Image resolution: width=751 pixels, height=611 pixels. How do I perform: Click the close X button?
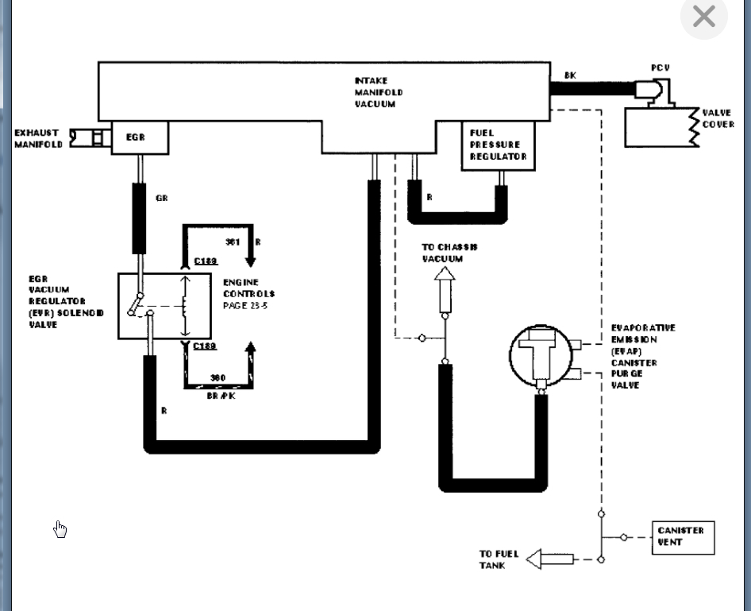click(x=703, y=17)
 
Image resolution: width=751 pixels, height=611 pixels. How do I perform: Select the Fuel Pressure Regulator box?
click(x=498, y=145)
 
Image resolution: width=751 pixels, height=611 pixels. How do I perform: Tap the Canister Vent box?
click(x=682, y=537)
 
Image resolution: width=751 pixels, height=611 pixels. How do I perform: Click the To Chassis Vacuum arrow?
click(x=445, y=288)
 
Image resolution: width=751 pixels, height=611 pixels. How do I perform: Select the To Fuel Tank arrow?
click(x=549, y=559)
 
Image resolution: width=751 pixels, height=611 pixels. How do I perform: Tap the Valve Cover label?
click(x=718, y=119)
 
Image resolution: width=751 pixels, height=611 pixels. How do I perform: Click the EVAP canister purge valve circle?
click(x=541, y=356)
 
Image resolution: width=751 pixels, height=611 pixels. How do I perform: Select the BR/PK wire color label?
click(x=220, y=396)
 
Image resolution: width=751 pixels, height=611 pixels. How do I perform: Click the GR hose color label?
click(x=162, y=199)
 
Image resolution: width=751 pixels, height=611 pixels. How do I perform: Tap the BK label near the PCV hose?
click(x=570, y=75)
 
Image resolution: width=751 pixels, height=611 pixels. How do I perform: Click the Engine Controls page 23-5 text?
click(x=248, y=294)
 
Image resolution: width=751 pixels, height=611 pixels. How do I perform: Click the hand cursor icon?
click(x=60, y=529)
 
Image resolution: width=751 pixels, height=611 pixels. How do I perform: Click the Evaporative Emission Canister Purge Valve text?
click(x=643, y=356)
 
